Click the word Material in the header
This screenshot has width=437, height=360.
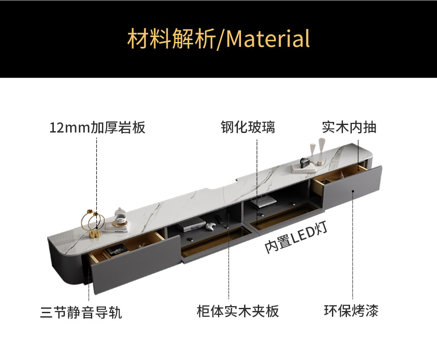click(x=268, y=39)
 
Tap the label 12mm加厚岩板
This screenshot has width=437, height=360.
click(x=97, y=128)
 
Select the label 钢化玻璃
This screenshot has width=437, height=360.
click(x=248, y=127)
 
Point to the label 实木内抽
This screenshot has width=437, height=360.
click(x=349, y=127)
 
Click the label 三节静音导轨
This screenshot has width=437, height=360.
click(x=81, y=313)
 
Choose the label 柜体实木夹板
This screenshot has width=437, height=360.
click(x=238, y=311)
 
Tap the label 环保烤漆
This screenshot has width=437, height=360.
click(x=351, y=311)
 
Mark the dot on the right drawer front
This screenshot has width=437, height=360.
click(x=353, y=191)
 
